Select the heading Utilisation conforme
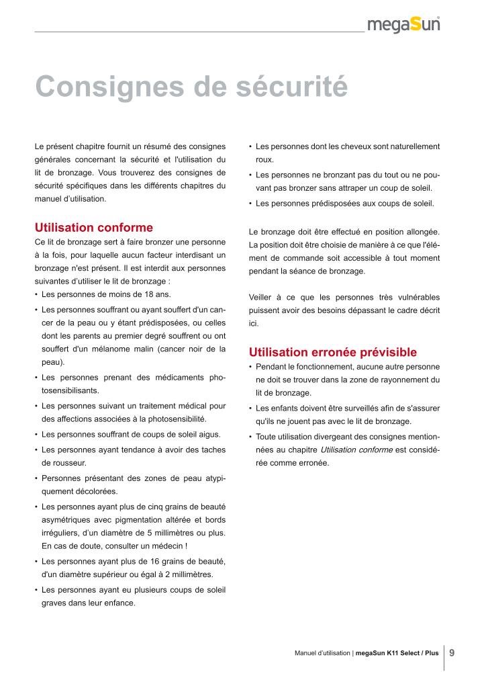93,228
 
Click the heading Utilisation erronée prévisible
333,352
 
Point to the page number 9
452,652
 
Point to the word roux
263,161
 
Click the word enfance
121,603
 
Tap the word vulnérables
416,297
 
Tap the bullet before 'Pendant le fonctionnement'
250,367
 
